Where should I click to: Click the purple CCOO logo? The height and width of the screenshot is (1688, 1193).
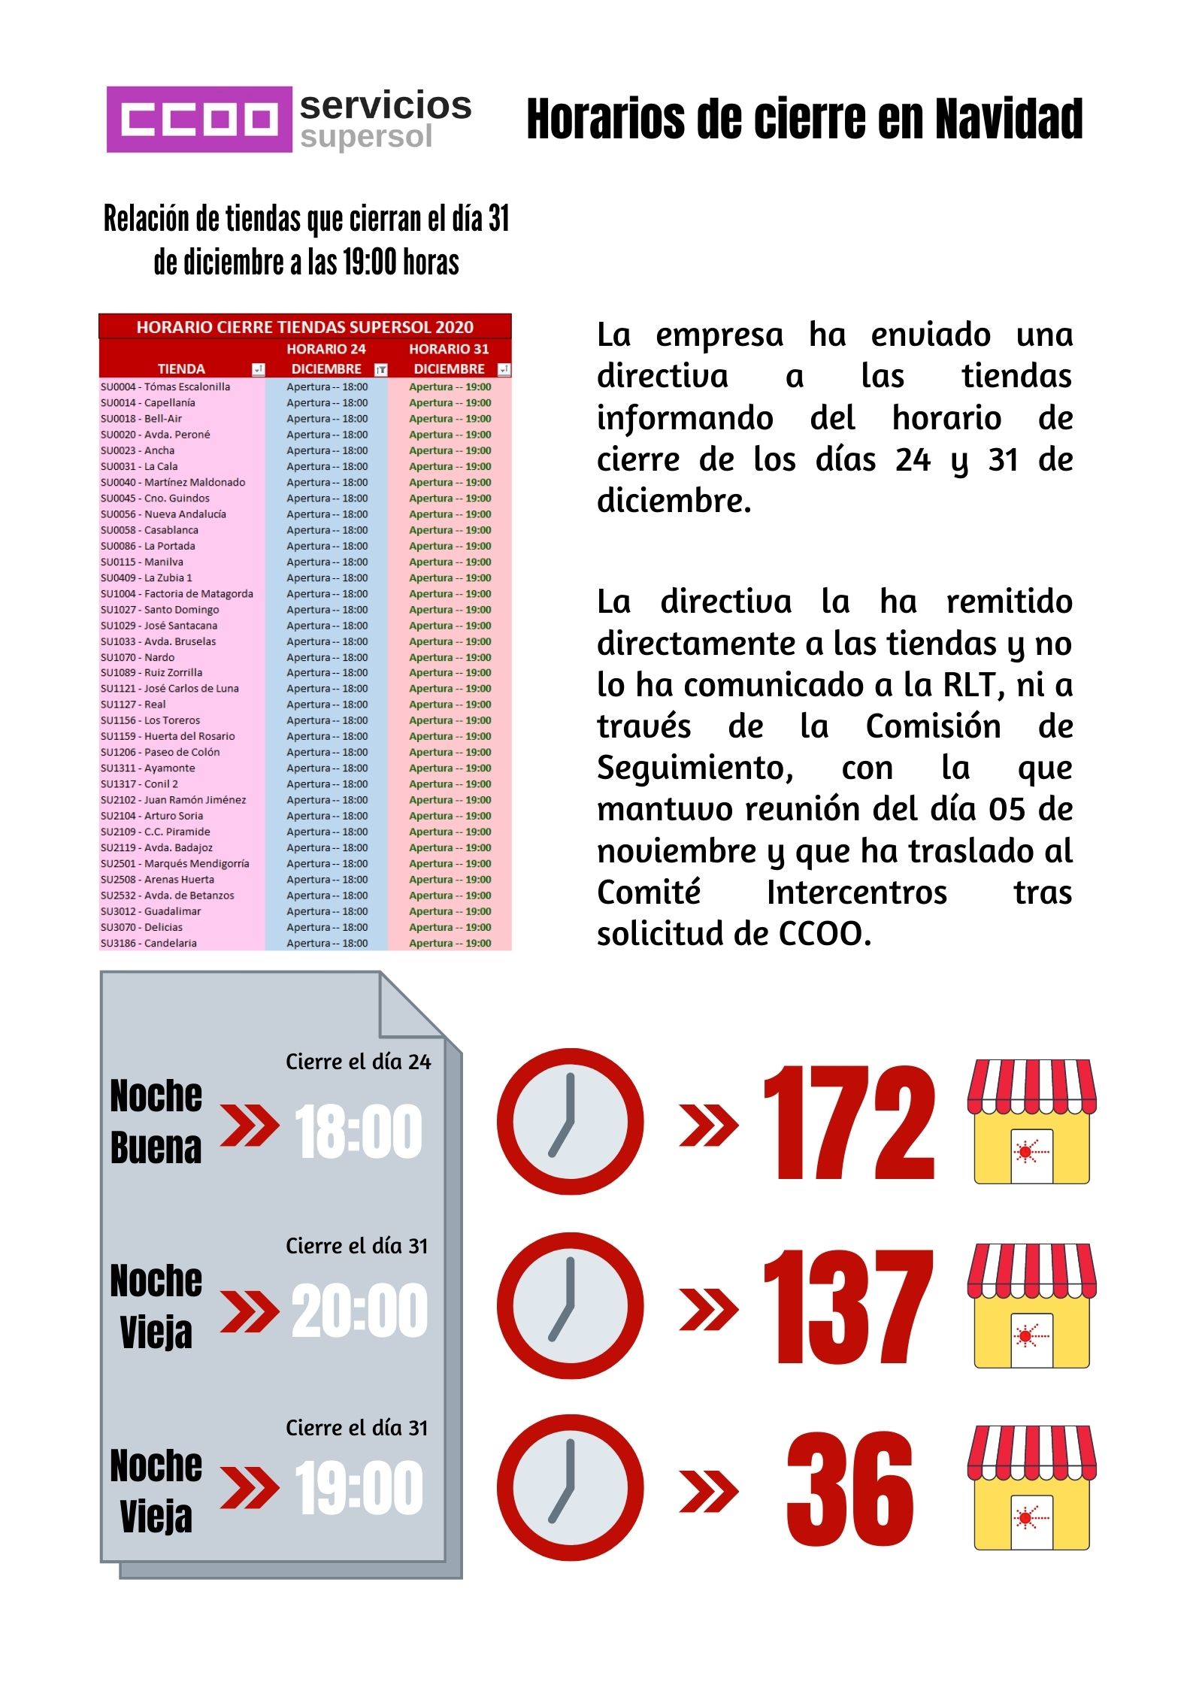coord(198,119)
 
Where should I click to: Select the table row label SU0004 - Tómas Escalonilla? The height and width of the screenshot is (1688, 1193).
coord(165,386)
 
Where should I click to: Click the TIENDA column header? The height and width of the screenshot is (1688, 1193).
coord(180,368)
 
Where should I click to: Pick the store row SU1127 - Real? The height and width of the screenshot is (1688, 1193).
coord(133,705)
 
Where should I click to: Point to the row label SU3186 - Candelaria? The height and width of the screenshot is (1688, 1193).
coord(149,943)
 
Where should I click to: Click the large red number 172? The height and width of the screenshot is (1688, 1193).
coord(849,1122)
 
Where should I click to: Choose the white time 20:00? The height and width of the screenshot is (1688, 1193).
coord(359,1311)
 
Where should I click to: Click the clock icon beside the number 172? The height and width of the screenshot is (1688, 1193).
coord(570,1121)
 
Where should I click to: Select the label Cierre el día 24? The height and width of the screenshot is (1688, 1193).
coord(358,1062)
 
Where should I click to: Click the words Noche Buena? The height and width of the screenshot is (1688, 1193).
coord(156,1122)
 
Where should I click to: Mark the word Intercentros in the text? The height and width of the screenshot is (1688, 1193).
coord(856,892)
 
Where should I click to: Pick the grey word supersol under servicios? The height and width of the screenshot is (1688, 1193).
coord(366,137)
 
